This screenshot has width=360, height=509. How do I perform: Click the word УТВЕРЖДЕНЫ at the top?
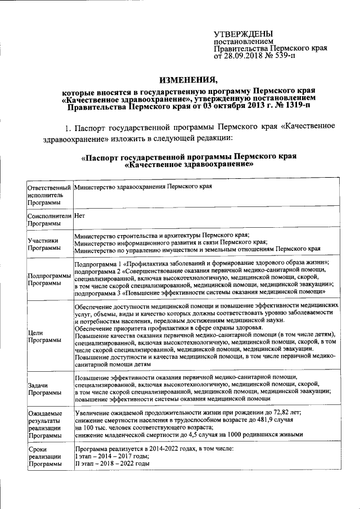coord(243,35)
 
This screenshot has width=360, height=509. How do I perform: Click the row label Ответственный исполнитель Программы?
coord(49,195)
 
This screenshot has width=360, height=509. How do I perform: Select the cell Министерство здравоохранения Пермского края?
coord(143,187)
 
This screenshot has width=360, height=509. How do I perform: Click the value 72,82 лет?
coord(286,413)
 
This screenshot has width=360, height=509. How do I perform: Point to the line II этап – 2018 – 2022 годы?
coord(112,464)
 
